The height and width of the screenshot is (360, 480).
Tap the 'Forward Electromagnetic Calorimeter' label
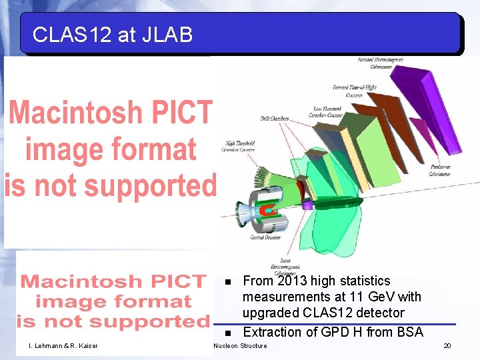[x=381, y=63]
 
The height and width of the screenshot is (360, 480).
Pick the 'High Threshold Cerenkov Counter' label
[x=239, y=147]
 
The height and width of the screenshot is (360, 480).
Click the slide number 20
[x=447, y=345]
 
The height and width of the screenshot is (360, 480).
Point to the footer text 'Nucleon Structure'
[x=239, y=345]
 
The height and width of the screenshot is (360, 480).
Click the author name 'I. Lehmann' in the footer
[x=45, y=345]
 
